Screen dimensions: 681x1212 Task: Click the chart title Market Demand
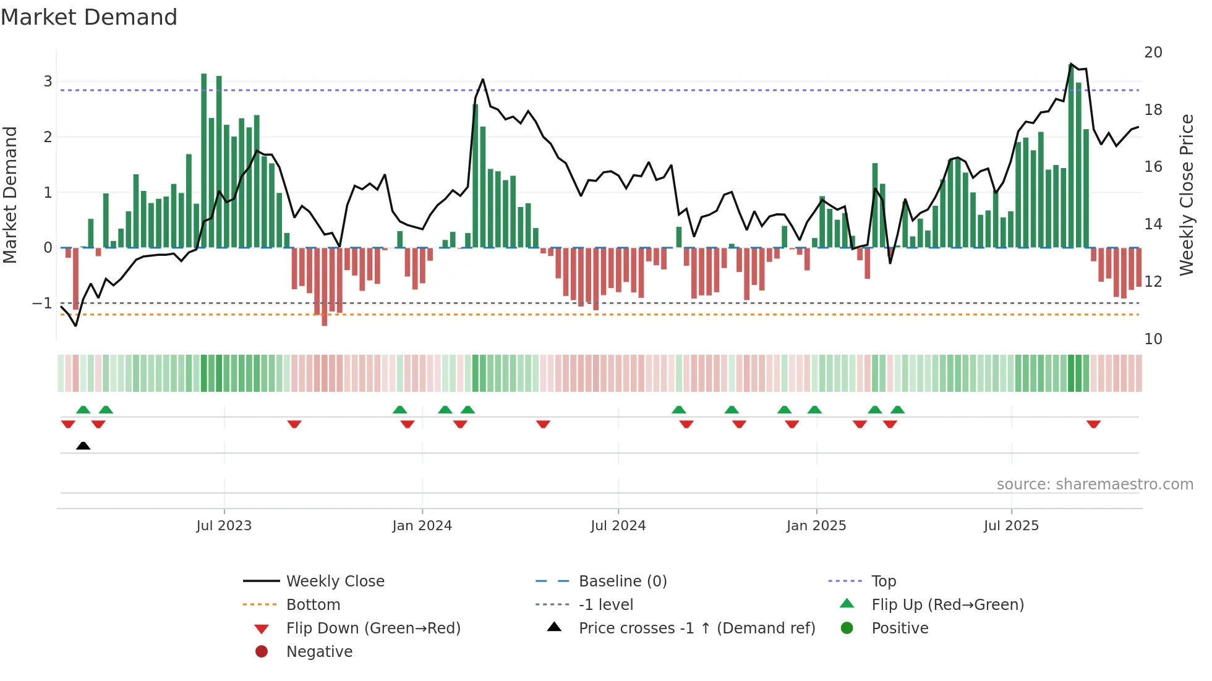point(89,17)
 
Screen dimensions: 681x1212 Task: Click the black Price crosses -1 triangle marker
point(83,446)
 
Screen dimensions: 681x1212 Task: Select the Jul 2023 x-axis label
point(224,526)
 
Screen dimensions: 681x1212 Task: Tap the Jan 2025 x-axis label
point(816,526)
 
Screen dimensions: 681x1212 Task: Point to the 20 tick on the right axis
point(1153,53)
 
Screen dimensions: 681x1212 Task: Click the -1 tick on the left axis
point(42,303)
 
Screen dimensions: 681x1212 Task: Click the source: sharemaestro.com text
point(1095,484)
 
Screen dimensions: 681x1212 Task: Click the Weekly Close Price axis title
point(1186,195)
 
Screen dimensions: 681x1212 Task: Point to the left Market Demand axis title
point(11,195)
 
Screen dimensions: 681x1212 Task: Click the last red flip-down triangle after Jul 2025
point(1093,424)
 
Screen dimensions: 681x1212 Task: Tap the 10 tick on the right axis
point(1153,339)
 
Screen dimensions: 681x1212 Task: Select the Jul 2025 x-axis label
point(1011,526)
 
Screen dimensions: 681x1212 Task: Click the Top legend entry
point(884,582)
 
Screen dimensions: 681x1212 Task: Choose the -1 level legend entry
point(605,605)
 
